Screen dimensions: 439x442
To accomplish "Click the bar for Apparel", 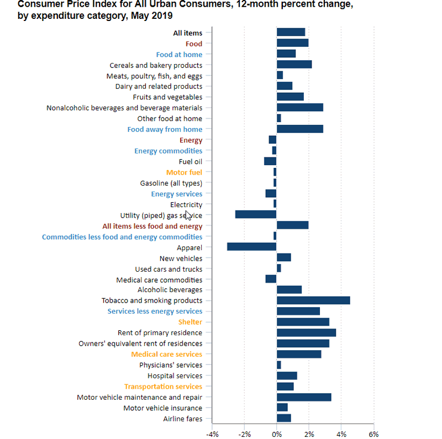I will [x=251, y=247].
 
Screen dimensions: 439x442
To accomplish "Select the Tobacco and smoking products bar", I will [x=313, y=300].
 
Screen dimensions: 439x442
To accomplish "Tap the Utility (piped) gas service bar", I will [x=256, y=215].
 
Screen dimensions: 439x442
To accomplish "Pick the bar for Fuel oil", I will [x=270, y=161].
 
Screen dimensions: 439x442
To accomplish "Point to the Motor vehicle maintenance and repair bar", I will [x=304, y=397].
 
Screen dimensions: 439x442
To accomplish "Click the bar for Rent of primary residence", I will [x=306, y=332].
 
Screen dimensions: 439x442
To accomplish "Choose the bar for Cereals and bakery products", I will [x=294, y=65].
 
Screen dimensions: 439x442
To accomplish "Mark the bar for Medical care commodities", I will [x=271, y=279].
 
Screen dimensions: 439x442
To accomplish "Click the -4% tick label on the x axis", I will [x=212, y=434].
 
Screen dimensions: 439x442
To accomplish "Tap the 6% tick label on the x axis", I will [x=373, y=434].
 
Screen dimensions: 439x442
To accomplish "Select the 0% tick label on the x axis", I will [x=277, y=434].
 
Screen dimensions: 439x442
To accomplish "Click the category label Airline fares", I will [x=182, y=419].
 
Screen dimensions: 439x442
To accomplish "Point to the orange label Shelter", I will [x=190, y=322].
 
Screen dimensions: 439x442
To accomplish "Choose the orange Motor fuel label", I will [x=184, y=172].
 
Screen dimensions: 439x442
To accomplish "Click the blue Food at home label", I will [x=179, y=54].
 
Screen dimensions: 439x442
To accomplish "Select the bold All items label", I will [x=188, y=33].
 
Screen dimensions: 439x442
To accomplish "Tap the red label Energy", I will [x=191, y=140].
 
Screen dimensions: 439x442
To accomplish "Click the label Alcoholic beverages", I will [x=170, y=290].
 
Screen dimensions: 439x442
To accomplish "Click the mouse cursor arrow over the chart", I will [x=188, y=214].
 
